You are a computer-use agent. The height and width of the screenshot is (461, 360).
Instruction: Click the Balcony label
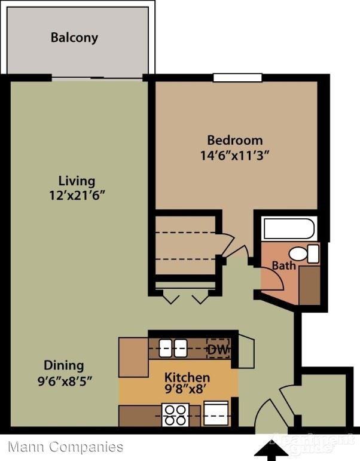coord(74,38)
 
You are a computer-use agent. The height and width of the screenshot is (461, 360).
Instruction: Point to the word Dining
coord(63,365)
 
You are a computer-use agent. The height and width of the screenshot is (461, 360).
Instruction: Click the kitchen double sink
coord(172,347)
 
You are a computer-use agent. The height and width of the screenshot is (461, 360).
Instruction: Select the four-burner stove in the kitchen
coord(176,414)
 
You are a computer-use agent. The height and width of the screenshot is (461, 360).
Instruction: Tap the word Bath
coord(283,265)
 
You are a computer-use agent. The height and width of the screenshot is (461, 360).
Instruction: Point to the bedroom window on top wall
coord(237,77)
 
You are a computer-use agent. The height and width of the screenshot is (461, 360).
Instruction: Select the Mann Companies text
coord(66,447)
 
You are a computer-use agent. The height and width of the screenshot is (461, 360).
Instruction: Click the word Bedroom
coord(234,141)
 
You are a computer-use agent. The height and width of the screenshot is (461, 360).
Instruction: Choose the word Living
coord(77,181)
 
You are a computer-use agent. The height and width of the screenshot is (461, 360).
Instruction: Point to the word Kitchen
coord(187,378)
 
